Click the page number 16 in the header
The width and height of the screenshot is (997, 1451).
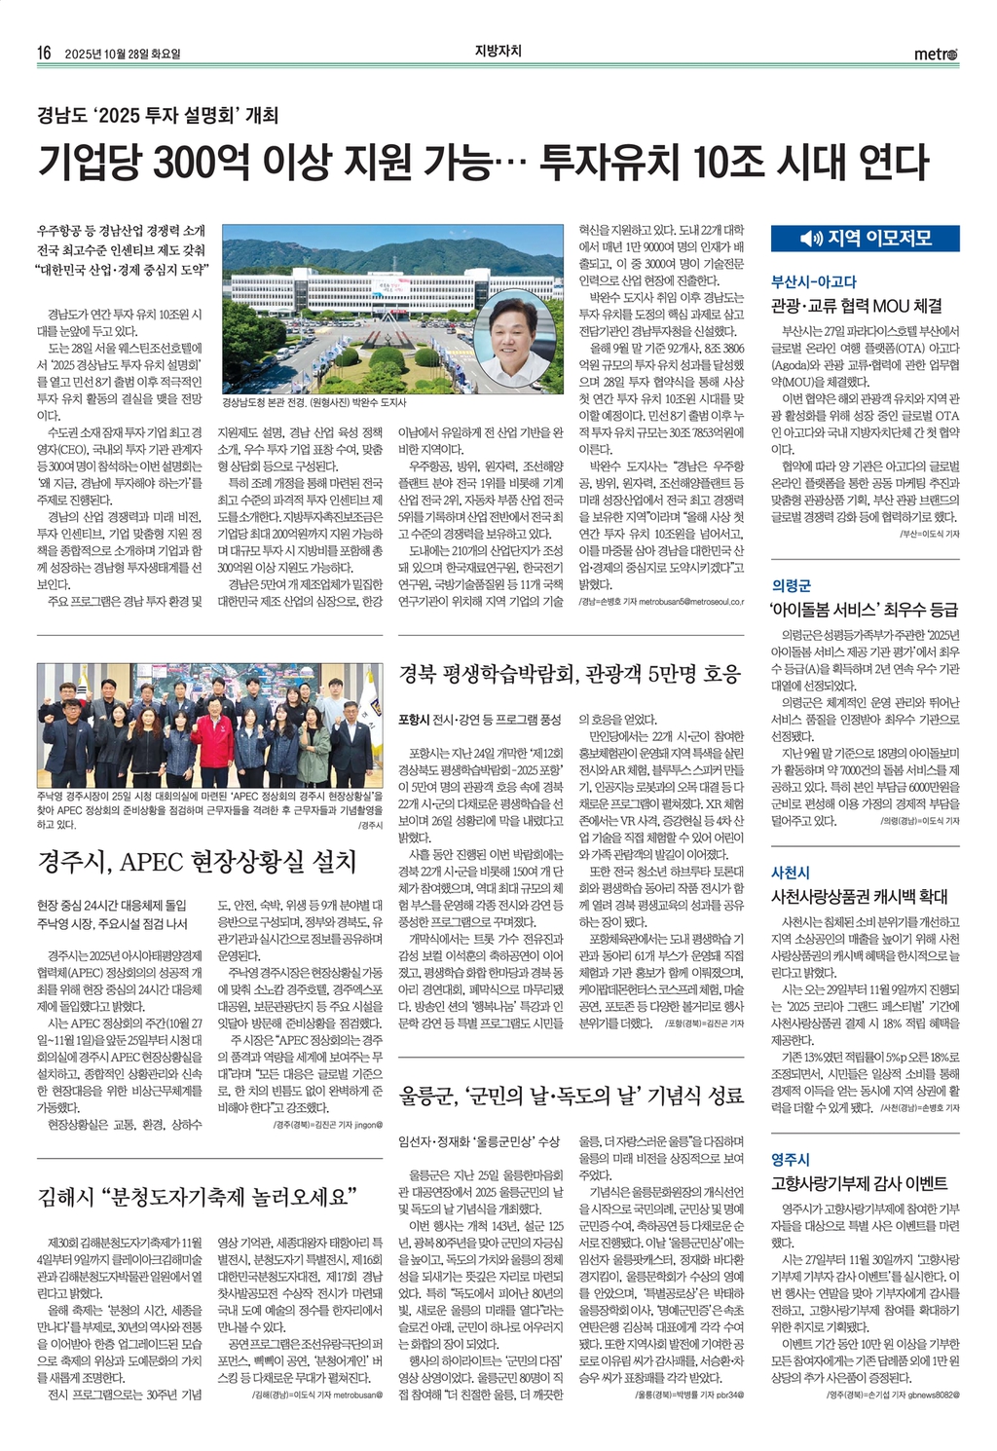(x=44, y=54)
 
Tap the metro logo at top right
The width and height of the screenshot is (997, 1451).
(x=936, y=55)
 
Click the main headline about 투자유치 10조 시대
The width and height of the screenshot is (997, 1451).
(x=483, y=162)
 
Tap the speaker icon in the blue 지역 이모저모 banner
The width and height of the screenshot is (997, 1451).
(x=810, y=239)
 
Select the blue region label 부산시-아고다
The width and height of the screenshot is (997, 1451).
(x=814, y=281)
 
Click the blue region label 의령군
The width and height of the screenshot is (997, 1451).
(x=791, y=585)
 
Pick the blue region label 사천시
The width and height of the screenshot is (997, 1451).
(x=791, y=873)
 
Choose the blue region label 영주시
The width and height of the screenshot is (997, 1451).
(x=791, y=1159)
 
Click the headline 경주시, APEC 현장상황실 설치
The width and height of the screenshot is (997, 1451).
(x=197, y=862)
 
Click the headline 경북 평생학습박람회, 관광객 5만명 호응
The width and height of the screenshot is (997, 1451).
(x=571, y=673)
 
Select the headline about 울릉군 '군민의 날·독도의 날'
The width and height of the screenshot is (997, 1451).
(x=572, y=1096)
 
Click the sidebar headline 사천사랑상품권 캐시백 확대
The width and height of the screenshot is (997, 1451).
(x=859, y=896)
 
